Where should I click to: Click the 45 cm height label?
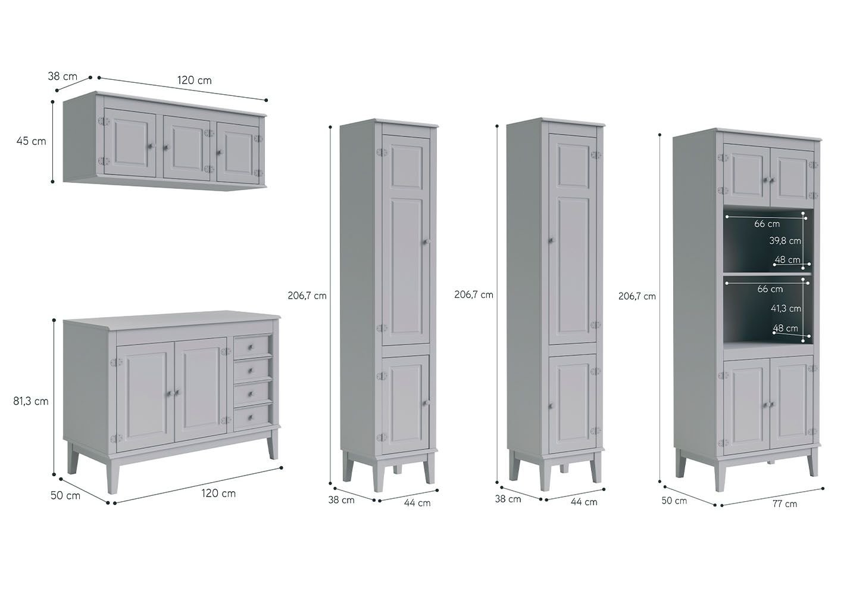click(31, 141)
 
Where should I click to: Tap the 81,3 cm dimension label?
click(30, 401)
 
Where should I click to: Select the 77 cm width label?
click(785, 504)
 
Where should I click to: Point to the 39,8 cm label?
click(785, 240)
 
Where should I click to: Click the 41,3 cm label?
click(786, 309)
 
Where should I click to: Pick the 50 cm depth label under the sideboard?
click(65, 495)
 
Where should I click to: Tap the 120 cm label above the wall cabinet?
click(195, 80)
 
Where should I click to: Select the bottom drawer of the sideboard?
click(252, 418)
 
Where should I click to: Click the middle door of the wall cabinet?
click(187, 148)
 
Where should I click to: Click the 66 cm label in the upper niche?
click(767, 223)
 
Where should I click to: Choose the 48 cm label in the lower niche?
click(785, 328)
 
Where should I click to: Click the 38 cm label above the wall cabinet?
click(62, 76)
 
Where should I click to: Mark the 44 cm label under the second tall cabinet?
click(584, 502)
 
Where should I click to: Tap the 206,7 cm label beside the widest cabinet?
click(637, 296)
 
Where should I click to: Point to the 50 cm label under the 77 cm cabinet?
click(674, 501)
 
